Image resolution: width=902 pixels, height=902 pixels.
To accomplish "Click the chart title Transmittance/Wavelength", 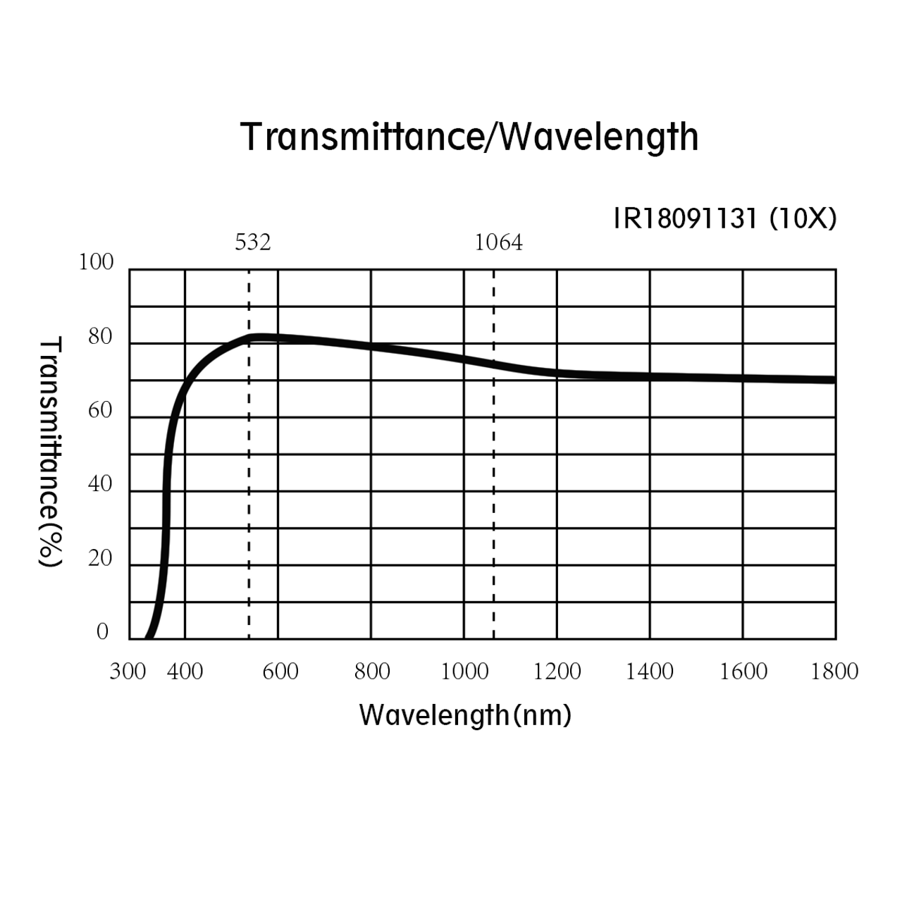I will [469, 137].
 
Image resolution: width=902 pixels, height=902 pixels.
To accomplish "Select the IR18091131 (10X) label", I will [725, 219].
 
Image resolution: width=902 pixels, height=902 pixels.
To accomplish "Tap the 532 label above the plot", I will [252, 242].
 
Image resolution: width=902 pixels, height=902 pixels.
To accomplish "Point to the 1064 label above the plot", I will [498, 242].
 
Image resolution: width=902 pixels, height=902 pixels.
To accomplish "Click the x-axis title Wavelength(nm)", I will [465, 715].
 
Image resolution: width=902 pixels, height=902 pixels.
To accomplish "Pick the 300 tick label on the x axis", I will [128, 672].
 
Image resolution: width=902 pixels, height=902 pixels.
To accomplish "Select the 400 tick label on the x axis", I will [185, 672].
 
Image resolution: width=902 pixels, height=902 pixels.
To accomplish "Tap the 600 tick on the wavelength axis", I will [280, 672].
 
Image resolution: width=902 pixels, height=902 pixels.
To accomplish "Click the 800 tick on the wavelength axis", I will [372, 672].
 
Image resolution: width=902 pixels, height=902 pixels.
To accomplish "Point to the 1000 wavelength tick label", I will [464, 672].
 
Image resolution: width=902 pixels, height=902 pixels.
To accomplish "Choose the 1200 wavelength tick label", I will [557, 672].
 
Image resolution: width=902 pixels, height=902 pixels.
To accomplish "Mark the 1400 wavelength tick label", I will [650, 672].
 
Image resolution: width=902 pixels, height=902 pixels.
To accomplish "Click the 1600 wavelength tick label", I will [743, 672].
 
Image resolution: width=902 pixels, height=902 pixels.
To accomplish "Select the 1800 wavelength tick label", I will [834, 672].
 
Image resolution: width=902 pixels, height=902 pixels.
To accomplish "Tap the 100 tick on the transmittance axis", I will [96, 262].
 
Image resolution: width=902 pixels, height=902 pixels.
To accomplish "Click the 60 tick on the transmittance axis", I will [100, 410].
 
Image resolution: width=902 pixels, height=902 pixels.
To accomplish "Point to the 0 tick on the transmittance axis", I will [103, 631].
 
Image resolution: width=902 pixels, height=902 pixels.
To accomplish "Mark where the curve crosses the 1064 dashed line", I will [493, 364].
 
